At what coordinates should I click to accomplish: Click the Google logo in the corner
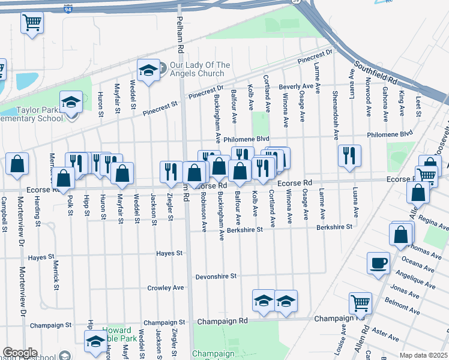pyautogui.click(x=20, y=353)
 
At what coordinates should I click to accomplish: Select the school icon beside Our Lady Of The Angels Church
pyautogui.click(x=146, y=71)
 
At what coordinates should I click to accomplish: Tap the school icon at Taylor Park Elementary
pyautogui.click(x=70, y=102)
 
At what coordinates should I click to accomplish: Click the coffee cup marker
pyautogui.click(x=378, y=263)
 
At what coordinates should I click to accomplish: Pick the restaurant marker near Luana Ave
pyautogui.click(x=349, y=156)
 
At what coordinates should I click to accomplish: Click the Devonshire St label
pyautogui.click(x=216, y=277)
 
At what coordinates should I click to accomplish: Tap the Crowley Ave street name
pyautogui.click(x=166, y=288)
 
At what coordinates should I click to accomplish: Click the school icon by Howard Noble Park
pyautogui.click(x=95, y=342)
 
